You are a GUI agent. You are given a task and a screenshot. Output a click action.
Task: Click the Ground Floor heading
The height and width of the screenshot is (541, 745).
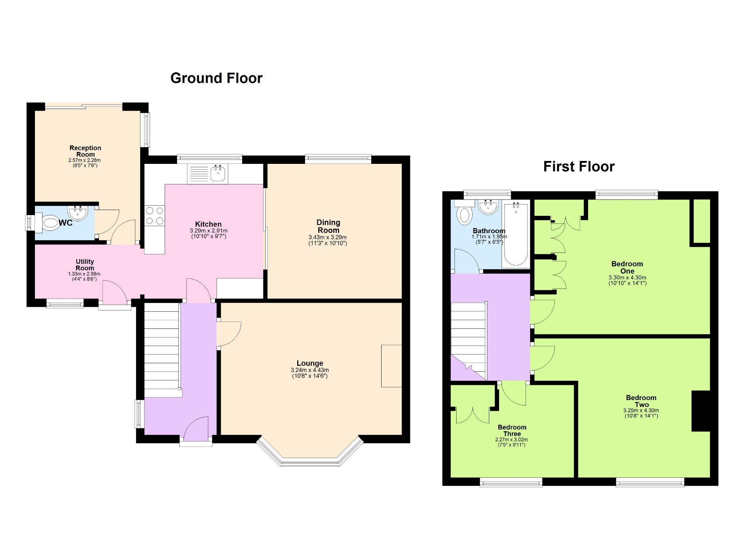216,78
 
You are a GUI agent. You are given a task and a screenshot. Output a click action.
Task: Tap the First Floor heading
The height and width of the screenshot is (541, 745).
579,166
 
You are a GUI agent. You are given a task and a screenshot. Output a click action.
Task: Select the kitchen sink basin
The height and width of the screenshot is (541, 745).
218,173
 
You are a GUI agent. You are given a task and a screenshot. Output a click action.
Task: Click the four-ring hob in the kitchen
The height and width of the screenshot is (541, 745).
155,216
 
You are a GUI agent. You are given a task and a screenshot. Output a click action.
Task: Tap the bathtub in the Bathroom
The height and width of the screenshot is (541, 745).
516,234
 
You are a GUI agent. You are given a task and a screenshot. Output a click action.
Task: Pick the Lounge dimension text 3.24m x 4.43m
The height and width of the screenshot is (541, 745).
310,370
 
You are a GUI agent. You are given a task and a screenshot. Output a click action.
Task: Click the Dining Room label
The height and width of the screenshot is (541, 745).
328,226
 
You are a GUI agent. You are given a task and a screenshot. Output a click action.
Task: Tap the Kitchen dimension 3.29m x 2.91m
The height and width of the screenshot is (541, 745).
208,231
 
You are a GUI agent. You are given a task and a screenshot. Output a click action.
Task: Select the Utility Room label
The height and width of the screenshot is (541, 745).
85,265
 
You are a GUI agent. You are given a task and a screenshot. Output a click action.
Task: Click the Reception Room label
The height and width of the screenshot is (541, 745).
85,151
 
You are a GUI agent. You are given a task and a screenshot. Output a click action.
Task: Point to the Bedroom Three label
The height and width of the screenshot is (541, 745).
512,430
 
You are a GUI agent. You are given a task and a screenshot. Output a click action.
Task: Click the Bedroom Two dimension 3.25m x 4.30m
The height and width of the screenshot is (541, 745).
641,410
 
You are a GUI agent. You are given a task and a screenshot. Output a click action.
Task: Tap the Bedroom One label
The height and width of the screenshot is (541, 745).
627,267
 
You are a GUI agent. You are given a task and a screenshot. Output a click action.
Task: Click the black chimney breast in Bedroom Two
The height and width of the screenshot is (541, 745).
701,411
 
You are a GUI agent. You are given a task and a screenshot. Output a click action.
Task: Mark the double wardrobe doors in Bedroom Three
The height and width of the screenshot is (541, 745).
473,416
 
